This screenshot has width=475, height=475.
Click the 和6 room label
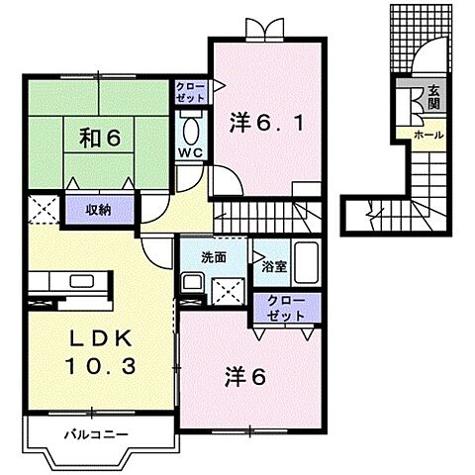coord(93,138)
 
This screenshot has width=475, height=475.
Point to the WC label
coord(191,152)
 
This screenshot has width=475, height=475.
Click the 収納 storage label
coord(96,209)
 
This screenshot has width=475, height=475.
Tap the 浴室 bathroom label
coord(271,265)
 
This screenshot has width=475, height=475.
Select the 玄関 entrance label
coord(433,98)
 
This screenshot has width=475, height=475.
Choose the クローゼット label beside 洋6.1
coord(191,92)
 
